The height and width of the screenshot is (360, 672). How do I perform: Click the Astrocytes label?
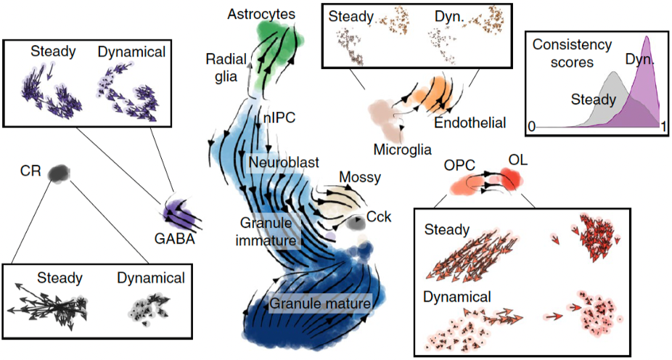tap(261, 13)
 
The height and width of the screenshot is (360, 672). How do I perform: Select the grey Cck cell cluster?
tap(355, 224)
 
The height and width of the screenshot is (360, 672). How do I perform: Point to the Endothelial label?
tap(470, 123)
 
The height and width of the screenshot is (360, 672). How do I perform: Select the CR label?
tap(30, 171)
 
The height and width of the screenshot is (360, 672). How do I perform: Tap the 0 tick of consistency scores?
tap(531, 126)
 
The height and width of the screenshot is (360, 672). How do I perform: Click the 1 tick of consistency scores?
tap(663, 126)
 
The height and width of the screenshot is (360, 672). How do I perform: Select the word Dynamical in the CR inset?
tap(150, 277)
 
